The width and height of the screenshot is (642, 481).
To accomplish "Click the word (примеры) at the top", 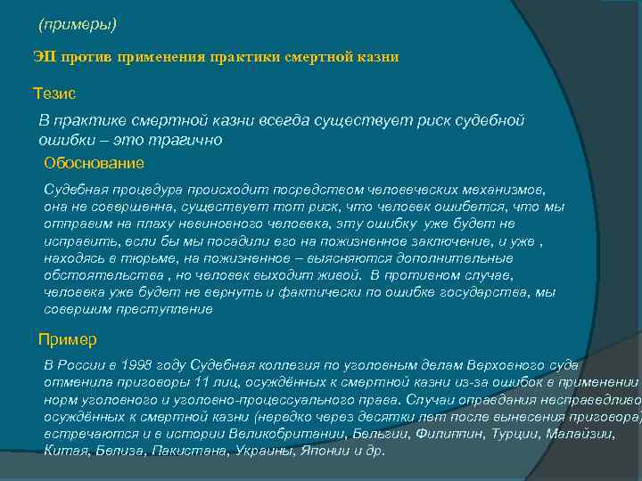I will [x=78, y=22].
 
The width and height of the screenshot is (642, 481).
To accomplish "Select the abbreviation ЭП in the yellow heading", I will [x=44, y=57].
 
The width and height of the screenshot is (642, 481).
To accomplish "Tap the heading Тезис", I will [x=54, y=93].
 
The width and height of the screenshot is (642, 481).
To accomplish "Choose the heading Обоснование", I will [x=94, y=164].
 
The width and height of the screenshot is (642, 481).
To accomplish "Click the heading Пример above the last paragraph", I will [x=68, y=340].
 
